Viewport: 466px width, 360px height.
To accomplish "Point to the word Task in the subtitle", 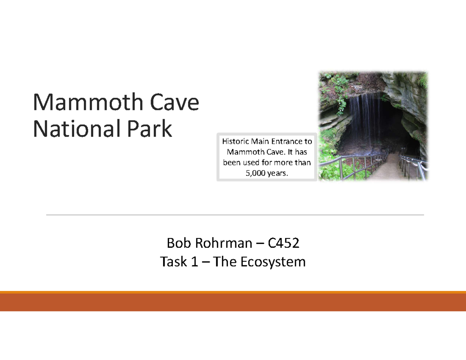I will pyautogui.click(x=172, y=262).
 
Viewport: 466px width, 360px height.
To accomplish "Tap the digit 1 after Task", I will pyautogui.click(x=193, y=262).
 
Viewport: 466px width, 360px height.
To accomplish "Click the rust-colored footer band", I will pyautogui.click(x=233, y=302).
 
